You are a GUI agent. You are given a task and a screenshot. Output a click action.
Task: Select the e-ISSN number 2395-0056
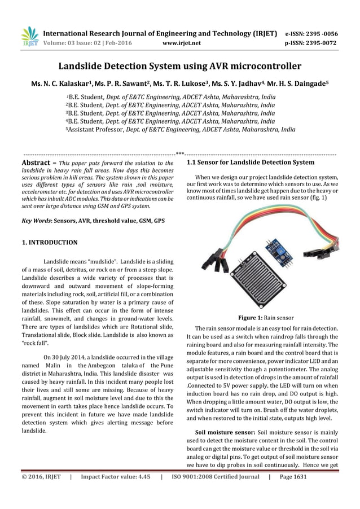pos(323,33)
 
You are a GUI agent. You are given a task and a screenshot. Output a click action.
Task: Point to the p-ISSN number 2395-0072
pos(323,42)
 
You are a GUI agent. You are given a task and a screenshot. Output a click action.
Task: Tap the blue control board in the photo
pos(278,248)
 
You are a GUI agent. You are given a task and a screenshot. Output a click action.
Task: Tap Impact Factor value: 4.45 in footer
pos(115,477)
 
